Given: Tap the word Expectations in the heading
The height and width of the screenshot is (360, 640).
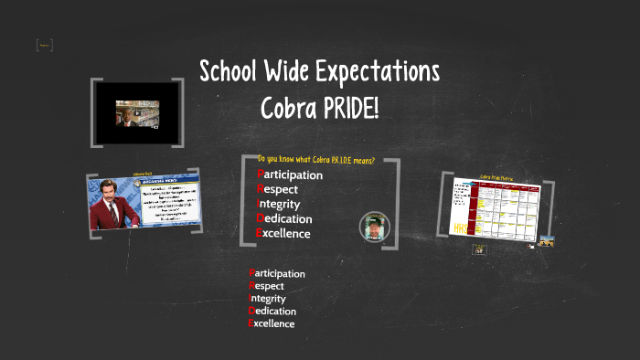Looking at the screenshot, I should [x=372, y=71].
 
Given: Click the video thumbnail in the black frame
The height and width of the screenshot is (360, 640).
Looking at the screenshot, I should [x=137, y=112].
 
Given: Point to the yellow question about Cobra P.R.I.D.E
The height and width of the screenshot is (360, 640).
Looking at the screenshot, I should [x=316, y=160].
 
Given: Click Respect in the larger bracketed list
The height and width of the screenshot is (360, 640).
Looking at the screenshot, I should [x=278, y=189].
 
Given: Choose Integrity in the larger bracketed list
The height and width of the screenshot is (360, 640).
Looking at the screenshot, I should [x=279, y=204].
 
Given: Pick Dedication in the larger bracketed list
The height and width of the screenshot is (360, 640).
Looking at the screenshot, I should [x=284, y=218].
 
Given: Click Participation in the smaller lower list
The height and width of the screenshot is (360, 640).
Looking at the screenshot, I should [x=277, y=273].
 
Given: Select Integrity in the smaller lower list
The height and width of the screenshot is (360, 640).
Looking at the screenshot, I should [x=267, y=298].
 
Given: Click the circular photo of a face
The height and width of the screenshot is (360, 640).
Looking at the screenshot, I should [x=373, y=226].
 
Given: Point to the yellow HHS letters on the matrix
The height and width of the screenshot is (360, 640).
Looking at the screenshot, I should [x=460, y=227].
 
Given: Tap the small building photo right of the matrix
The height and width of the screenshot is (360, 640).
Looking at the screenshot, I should [x=547, y=241].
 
